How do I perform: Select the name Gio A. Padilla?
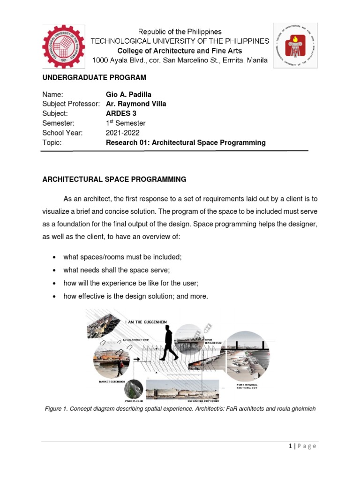tap(129, 95)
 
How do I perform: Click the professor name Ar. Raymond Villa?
tap(136, 104)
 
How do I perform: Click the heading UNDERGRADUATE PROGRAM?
tap(94, 77)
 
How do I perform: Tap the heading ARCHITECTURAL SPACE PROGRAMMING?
tap(114, 179)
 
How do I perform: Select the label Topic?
tap(52, 142)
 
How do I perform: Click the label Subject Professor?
tap(71, 104)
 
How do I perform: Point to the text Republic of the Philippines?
tap(180, 32)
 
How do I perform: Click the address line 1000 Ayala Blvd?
tap(180, 60)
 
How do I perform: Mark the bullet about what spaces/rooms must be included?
tap(122, 257)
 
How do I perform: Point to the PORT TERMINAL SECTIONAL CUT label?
tap(247, 386)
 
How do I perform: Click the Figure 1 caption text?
tap(180, 408)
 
